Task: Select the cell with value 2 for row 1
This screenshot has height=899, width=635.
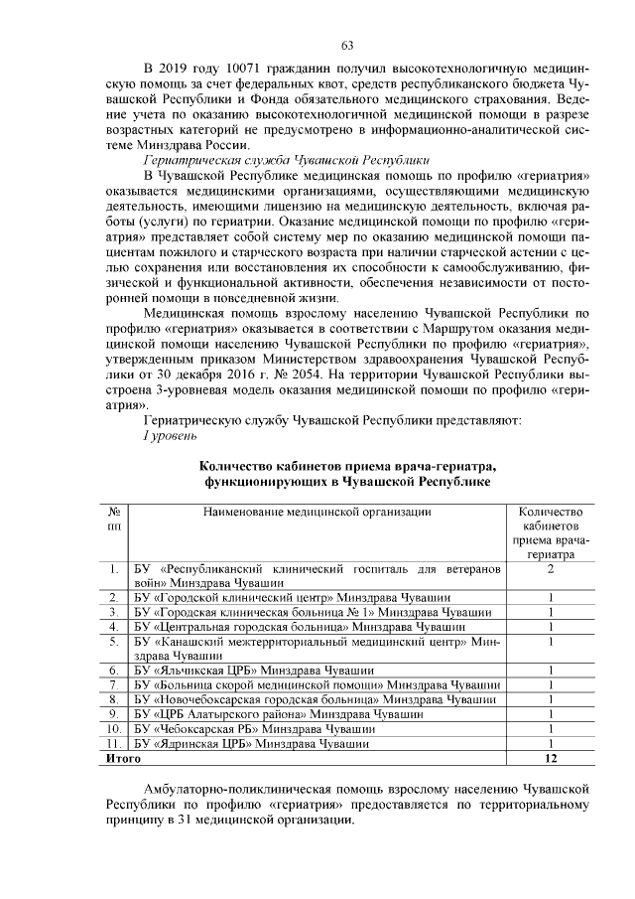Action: tap(549, 568)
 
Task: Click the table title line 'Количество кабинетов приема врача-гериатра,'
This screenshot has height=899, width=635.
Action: tap(346, 466)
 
